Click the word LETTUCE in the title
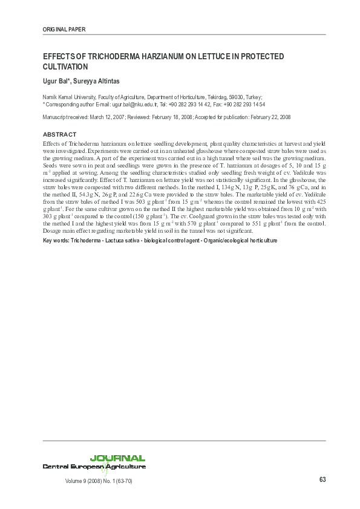pos(208,56)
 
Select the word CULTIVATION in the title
pos(65,66)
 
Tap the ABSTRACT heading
pos(59,134)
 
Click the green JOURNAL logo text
pos(117,458)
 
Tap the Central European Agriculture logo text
pos(94,467)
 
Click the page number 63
pos(322,480)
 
